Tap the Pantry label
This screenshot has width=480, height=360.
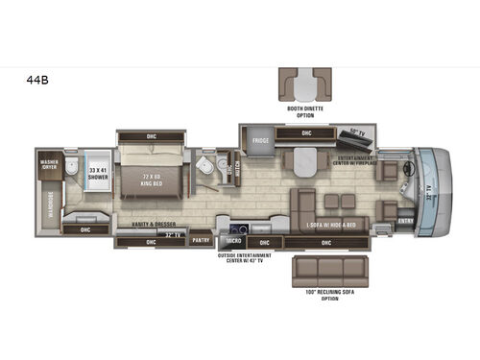[201, 240]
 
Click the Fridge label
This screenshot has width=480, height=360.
[260, 141]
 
